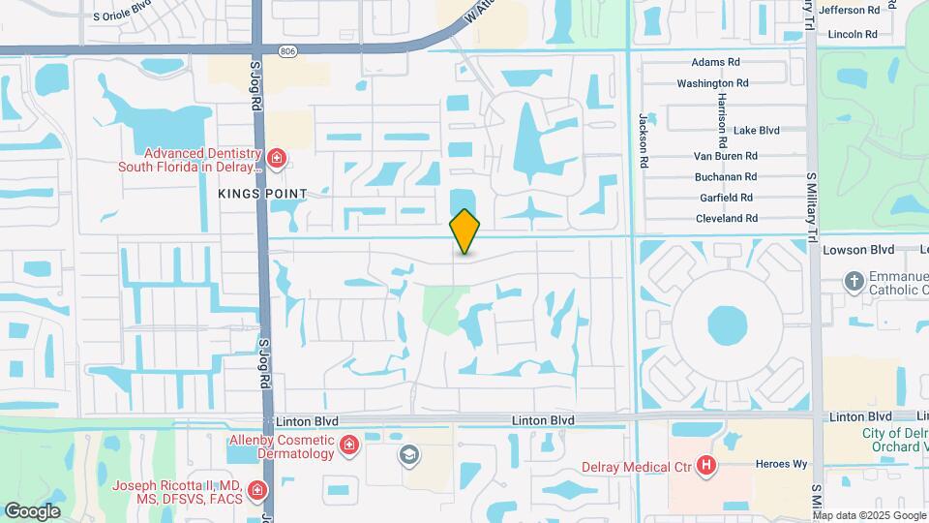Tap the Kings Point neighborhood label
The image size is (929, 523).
click(x=262, y=194)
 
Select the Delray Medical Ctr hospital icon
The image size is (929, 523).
click(x=707, y=467)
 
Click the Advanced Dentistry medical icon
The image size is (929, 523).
click(x=277, y=158)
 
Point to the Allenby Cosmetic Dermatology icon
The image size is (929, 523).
click(x=348, y=446)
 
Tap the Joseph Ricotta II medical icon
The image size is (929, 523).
click(x=256, y=491)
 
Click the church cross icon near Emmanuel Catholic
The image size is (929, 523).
click(x=854, y=282)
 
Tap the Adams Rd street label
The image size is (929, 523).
click(x=715, y=62)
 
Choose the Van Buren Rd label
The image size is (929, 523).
click(x=725, y=155)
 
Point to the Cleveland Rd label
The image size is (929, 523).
click(x=726, y=219)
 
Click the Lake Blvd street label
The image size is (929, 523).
click(x=756, y=131)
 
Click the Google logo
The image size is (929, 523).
click(x=32, y=511)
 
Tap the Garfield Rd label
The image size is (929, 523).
click(x=726, y=198)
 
